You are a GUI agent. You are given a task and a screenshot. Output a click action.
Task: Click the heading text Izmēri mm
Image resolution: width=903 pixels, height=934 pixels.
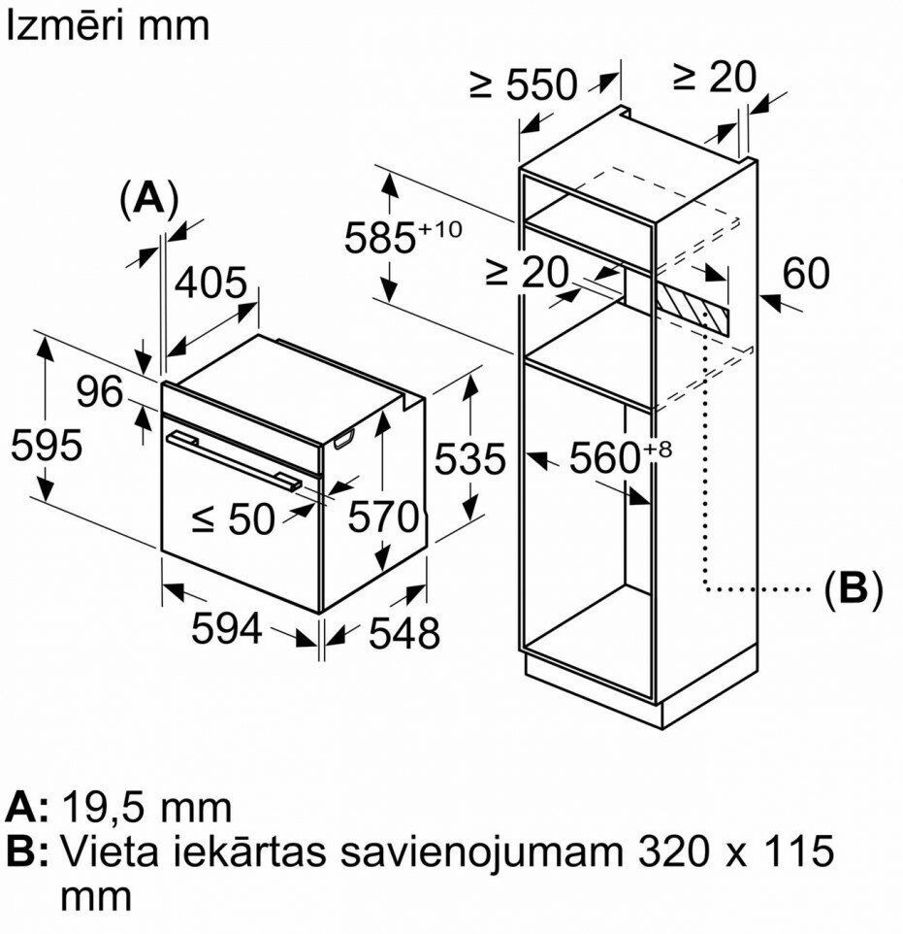click(108, 25)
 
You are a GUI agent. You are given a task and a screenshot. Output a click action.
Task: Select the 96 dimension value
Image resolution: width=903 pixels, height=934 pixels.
click(101, 392)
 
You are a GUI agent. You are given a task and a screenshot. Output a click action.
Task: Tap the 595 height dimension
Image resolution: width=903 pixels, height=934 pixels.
click(47, 446)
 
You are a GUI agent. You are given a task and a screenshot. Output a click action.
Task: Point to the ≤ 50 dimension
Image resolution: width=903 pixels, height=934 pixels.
click(234, 519)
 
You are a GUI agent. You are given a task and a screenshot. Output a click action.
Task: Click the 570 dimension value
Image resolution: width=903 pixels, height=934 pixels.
click(385, 517)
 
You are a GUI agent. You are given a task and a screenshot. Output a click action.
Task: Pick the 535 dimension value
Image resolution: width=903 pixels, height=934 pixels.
click(470, 458)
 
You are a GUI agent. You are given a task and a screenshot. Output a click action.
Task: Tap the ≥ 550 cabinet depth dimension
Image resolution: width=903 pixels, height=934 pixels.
click(523, 85)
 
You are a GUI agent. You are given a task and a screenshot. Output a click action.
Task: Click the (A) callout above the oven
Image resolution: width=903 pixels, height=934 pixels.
click(148, 199)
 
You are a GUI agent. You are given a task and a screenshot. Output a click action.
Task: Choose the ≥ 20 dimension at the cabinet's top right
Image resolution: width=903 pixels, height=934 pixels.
click(713, 77)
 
